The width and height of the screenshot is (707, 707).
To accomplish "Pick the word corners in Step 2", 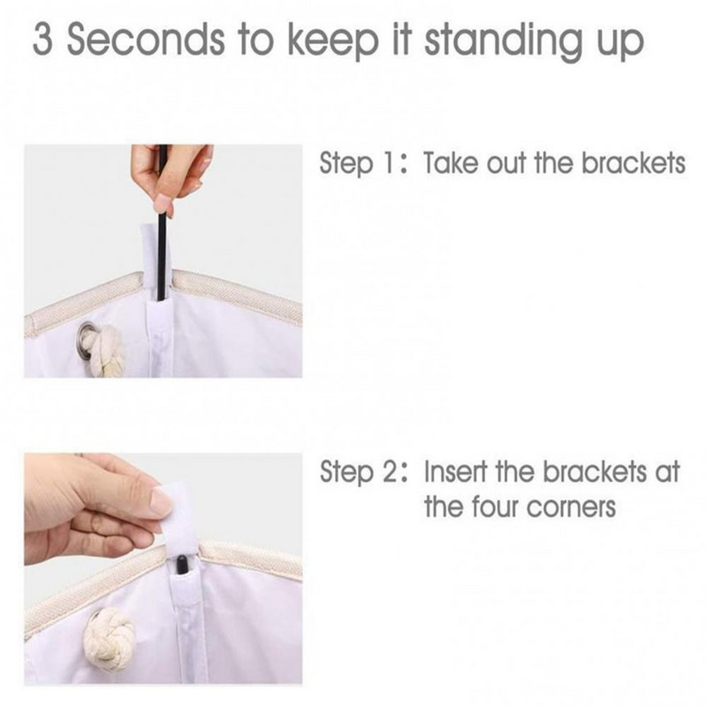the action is [x=570, y=507].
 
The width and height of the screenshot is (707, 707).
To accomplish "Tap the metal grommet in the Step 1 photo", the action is [x=84, y=336].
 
